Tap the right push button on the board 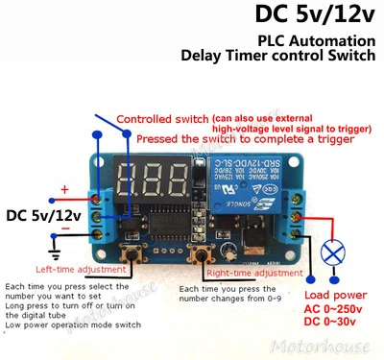point(202,253)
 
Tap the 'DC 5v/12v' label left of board point(43,213)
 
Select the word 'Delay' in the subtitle point(205,57)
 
